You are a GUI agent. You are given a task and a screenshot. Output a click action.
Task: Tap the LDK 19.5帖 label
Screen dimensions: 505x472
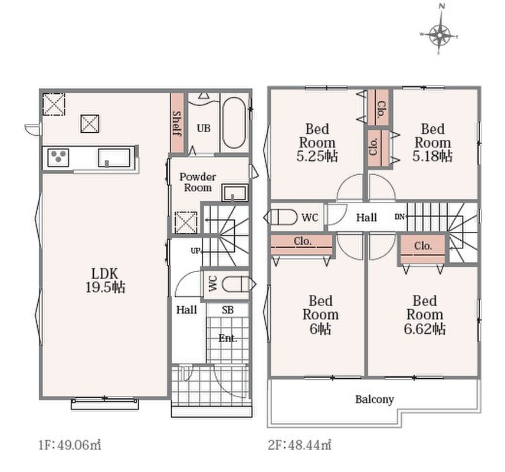pyautogui.click(x=105, y=280)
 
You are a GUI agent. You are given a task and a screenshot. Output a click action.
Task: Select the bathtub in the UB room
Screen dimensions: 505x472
pyautogui.click(x=234, y=123)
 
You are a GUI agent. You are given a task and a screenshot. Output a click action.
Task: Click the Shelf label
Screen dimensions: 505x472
pyautogui.click(x=177, y=123)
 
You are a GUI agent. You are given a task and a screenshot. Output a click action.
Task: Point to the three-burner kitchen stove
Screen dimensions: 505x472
pyautogui.click(x=58, y=158)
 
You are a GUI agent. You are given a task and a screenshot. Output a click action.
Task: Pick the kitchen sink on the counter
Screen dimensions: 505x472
pyautogui.click(x=114, y=158)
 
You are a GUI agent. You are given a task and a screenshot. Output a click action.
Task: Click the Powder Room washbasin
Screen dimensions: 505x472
pyautogui.click(x=235, y=193)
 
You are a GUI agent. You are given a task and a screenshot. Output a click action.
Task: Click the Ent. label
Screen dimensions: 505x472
pyautogui.click(x=228, y=338)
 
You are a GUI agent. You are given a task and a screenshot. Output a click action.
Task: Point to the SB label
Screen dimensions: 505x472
pyautogui.click(x=227, y=310)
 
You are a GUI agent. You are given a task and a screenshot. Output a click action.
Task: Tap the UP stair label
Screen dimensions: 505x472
pyautogui.click(x=196, y=250)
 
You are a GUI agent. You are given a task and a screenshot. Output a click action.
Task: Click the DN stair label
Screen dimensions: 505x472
pyautogui.click(x=399, y=217)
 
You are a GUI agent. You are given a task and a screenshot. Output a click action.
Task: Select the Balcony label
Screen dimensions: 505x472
pyautogui.click(x=375, y=399)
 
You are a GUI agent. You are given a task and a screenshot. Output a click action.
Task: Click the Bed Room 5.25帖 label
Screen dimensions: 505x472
pyautogui.click(x=317, y=142)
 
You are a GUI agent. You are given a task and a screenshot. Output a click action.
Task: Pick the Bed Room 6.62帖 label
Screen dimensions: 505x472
pyautogui.click(x=425, y=315)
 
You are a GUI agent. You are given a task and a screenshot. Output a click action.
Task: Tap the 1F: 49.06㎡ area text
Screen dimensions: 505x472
pyautogui.click(x=70, y=445)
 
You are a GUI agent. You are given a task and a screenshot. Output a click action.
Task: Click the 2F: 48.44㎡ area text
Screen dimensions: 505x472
pyautogui.click(x=300, y=445)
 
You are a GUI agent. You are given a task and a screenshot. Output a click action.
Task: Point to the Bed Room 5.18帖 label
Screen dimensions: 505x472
pyautogui.click(x=433, y=142)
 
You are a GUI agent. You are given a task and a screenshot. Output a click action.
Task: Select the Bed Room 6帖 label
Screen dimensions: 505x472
pyautogui.click(x=320, y=315)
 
